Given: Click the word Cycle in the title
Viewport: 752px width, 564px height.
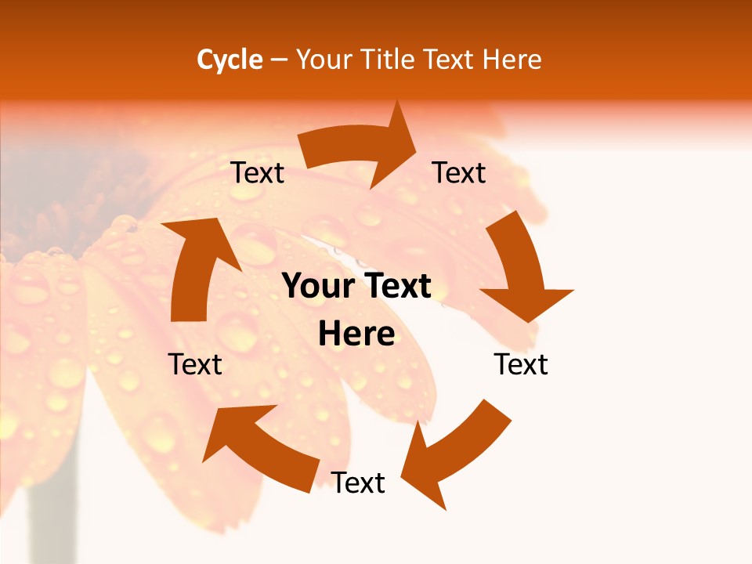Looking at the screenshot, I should [230, 60].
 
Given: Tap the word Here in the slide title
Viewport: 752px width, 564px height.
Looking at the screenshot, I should [512, 60].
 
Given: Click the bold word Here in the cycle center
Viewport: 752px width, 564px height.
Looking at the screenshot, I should [356, 334].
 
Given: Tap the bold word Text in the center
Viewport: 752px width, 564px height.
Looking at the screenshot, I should [396, 287].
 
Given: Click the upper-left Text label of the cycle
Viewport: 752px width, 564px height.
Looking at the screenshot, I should [257, 172].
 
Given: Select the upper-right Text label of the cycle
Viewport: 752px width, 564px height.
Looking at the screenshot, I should [459, 172].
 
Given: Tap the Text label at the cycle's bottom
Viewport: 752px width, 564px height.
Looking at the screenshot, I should [358, 483].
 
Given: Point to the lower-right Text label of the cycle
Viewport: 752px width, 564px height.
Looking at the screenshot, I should [521, 364].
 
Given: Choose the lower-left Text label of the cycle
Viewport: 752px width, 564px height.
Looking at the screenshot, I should [195, 364].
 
